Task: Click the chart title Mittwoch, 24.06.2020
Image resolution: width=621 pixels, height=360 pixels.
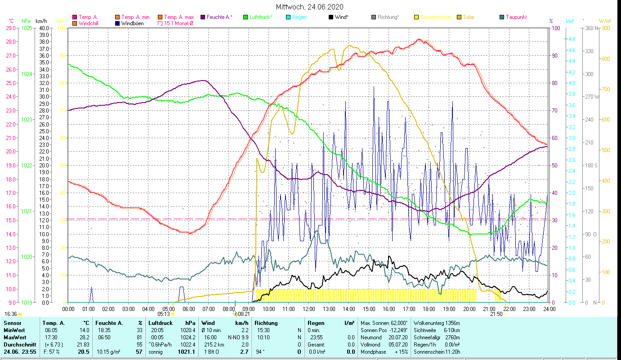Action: (310, 7)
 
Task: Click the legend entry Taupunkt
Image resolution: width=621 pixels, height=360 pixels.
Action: (516, 17)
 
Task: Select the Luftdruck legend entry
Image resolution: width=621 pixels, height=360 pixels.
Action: (260, 17)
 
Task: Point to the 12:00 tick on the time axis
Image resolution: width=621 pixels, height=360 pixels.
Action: (309, 309)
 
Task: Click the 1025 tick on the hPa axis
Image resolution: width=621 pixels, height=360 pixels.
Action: (27, 28)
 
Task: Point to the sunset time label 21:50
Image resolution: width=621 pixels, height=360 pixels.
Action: (496, 314)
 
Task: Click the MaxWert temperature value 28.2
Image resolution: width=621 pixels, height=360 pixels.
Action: (84, 337)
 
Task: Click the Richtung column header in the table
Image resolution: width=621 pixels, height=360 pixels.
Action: (266, 323)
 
